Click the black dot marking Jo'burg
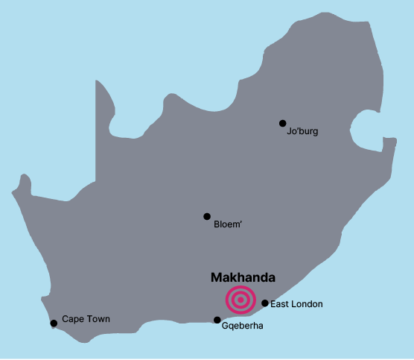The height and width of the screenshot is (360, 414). (x=282, y=123)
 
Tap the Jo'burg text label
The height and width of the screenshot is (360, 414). (x=302, y=132)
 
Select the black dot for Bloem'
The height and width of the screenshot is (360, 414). (x=207, y=216)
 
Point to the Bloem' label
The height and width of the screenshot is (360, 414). (x=229, y=224)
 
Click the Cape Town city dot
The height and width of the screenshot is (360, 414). (x=54, y=323)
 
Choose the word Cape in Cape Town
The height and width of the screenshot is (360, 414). (x=72, y=319)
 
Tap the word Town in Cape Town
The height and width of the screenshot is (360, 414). (x=98, y=319)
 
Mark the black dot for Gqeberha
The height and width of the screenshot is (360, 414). (x=217, y=320)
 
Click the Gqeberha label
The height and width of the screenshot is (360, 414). (x=243, y=326)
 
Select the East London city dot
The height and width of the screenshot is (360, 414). (x=265, y=303)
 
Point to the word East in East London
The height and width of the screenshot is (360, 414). (x=280, y=304)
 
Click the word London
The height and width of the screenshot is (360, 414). (x=308, y=304)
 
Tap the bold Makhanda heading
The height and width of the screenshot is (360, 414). (x=243, y=277)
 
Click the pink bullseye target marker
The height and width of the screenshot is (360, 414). (x=241, y=300)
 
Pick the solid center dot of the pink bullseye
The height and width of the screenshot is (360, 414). (x=241, y=300)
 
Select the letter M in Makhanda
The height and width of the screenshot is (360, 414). (x=216, y=277)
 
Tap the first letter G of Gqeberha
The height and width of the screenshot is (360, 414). (x=226, y=326)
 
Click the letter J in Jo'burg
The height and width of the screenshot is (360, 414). (x=289, y=132)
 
